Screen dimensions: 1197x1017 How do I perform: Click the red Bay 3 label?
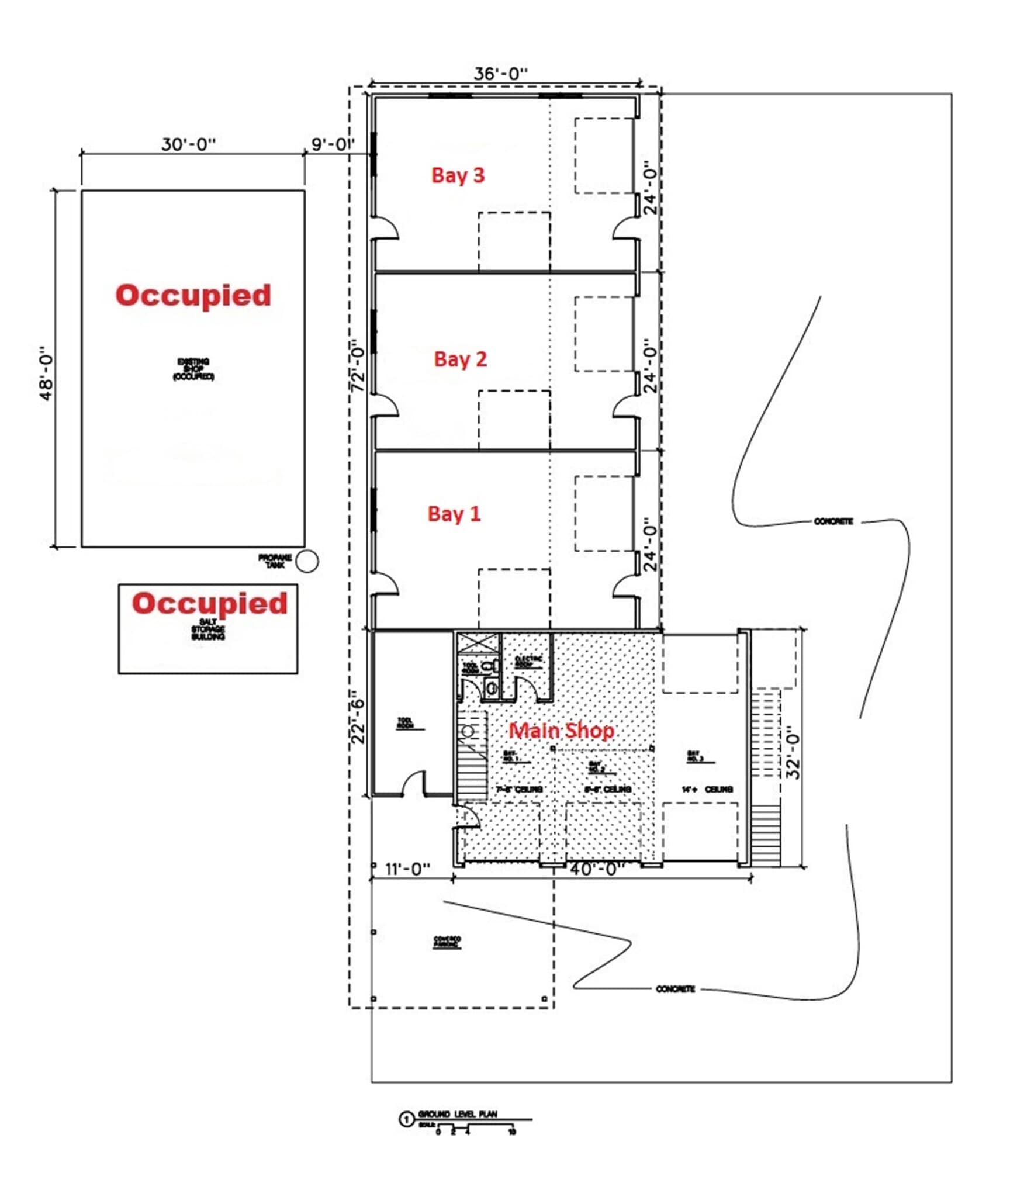pos(458,175)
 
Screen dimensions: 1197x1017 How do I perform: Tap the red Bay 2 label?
pos(460,359)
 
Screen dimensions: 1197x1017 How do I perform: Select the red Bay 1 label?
pos(454,514)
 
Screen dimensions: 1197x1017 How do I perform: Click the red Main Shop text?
pos(561,730)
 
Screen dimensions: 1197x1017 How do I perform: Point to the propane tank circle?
pos(307,562)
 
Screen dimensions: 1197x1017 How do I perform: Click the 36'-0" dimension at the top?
pos(500,74)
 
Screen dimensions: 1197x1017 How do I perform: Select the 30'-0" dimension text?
pos(188,144)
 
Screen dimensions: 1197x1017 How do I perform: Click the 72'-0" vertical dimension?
pos(358,370)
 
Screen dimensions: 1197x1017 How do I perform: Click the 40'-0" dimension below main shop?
pos(593,869)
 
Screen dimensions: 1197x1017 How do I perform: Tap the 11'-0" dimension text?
pos(408,869)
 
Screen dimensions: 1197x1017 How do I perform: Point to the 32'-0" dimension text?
pos(793,753)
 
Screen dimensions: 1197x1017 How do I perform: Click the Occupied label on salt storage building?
pos(209,603)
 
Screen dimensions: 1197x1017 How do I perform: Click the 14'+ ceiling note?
pos(706,789)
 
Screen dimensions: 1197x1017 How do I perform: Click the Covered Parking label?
pos(447,942)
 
